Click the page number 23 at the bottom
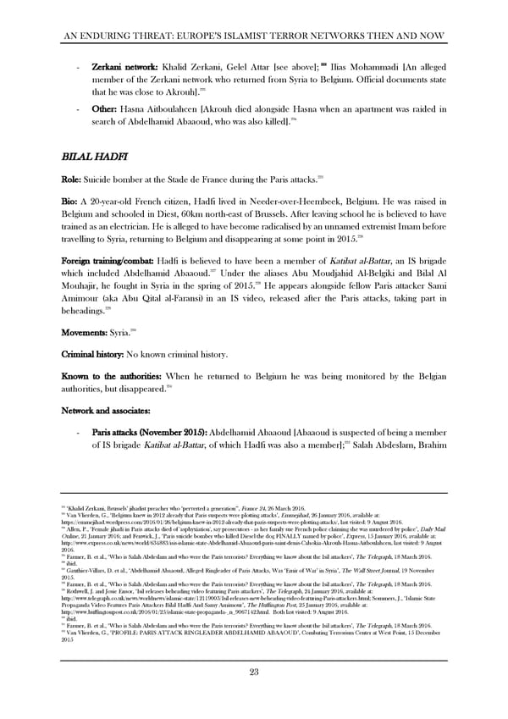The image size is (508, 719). coord(253,672)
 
